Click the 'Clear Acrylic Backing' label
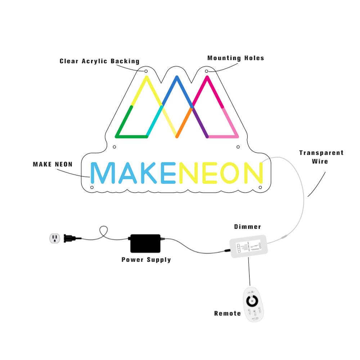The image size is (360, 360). click(x=99, y=61)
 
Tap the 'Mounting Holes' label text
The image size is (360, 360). click(x=235, y=58)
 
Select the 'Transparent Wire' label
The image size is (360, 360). click(x=321, y=157)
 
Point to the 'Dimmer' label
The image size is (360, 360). click(x=247, y=227)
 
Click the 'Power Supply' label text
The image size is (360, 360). click(x=146, y=260)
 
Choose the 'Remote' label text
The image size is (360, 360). click(x=228, y=314)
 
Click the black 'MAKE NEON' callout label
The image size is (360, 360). click(x=53, y=165)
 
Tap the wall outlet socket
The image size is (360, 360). click(x=55, y=238)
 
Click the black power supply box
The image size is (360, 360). click(x=145, y=243)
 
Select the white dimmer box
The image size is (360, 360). click(x=248, y=246)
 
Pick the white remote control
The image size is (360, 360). click(x=254, y=304)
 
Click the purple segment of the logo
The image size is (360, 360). click(x=200, y=122)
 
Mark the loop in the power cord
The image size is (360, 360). click(x=104, y=231)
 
